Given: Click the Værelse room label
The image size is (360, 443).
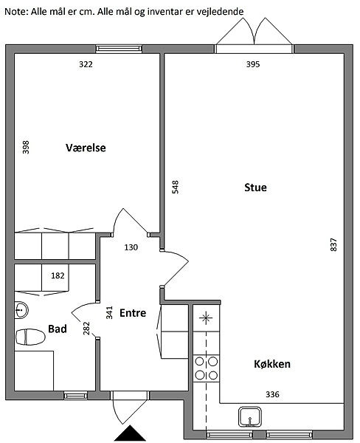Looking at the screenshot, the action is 86,148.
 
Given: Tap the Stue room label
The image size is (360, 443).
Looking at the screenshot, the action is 255,188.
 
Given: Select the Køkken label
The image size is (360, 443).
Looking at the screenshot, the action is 272,364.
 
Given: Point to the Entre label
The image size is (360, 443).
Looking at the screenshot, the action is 133,313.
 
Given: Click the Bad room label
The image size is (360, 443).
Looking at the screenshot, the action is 58,329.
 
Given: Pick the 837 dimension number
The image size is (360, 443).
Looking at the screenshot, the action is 333,244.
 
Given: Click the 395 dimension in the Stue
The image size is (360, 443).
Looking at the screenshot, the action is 253,64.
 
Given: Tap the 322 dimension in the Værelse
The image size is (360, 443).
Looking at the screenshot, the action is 86,64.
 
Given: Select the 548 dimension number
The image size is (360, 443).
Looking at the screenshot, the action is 176,187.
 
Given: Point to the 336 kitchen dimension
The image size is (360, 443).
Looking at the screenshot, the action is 272,394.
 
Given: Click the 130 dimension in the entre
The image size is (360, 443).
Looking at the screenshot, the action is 131,247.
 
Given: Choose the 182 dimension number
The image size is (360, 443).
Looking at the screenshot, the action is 58,275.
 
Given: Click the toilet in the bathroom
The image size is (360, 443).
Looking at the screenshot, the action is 30,337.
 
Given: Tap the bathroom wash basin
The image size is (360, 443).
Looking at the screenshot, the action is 21,310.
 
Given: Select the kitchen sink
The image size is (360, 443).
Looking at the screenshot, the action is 250,417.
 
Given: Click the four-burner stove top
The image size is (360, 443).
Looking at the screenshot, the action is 206,368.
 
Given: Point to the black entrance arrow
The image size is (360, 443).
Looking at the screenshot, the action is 130,433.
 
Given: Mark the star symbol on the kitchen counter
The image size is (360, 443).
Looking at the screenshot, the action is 206,318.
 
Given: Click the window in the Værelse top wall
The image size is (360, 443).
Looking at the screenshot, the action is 119,49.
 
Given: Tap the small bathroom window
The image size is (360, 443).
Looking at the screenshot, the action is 76,396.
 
